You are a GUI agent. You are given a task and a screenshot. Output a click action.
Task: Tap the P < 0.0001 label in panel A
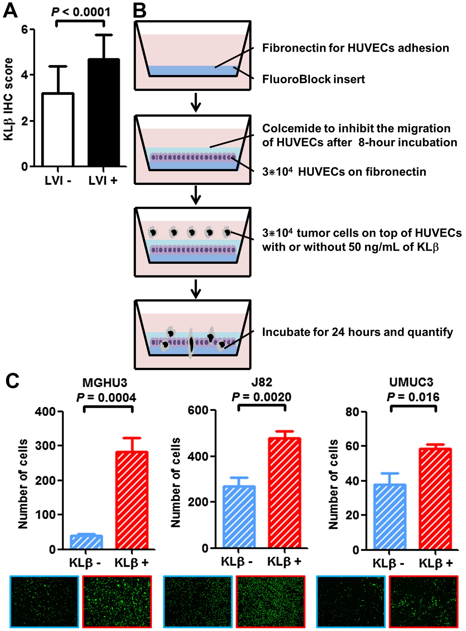[81, 12]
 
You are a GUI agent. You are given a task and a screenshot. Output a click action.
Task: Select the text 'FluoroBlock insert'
[313, 79]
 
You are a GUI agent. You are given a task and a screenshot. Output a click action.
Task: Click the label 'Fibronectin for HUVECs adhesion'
[356, 48]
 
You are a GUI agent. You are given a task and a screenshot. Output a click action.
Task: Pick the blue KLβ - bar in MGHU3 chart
[86, 542]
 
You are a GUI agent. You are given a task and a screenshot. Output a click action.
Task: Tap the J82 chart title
[262, 382]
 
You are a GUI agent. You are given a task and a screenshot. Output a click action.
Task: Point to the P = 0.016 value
[413, 397]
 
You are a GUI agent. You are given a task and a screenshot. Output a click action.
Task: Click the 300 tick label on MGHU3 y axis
[45, 446]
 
